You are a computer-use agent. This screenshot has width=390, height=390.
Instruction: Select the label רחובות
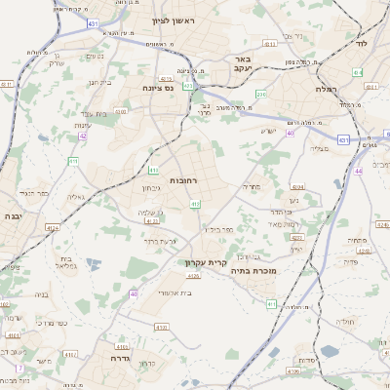[183, 180]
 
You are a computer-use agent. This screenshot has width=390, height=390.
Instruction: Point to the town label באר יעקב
[243, 64]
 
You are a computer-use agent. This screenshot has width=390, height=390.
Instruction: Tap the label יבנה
[12, 215]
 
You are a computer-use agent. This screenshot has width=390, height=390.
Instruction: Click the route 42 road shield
[83, 136]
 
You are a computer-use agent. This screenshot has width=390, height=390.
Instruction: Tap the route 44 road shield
[359, 171]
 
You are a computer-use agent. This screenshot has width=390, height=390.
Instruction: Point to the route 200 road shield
[260, 94]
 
